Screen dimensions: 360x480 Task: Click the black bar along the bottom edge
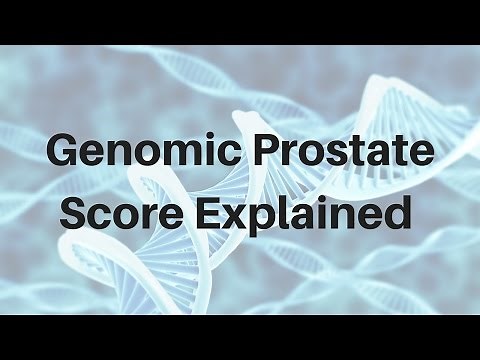coord(240,338)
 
